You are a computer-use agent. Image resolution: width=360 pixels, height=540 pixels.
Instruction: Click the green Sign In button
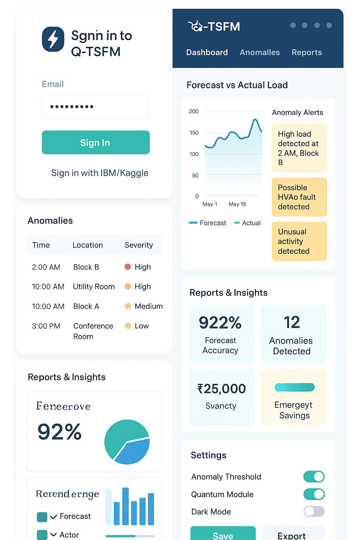click(96, 142)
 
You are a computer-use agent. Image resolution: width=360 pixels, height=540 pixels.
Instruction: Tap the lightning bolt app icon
click(53, 39)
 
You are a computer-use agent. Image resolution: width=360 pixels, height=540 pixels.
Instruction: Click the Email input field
click(96, 106)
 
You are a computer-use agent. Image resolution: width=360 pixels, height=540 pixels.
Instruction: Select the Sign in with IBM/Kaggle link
click(99, 173)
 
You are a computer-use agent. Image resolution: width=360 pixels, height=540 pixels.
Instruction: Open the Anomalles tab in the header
click(260, 52)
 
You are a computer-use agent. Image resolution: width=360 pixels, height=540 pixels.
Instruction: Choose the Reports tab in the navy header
click(307, 52)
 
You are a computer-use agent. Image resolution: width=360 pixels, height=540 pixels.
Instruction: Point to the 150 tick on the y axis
click(194, 133)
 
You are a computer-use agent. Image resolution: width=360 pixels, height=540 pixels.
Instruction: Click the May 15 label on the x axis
click(238, 204)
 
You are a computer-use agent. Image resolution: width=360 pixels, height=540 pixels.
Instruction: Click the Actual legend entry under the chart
click(247, 223)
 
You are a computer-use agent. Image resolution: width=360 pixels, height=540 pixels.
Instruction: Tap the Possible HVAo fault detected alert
click(300, 197)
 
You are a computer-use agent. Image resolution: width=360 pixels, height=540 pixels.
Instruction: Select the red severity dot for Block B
click(128, 266)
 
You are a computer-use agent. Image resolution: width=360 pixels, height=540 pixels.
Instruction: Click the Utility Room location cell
click(94, 287)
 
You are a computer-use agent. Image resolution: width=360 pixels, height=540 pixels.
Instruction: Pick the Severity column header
click(139, 245)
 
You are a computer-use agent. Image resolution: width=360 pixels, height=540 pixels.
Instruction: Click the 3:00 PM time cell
click(46, 326)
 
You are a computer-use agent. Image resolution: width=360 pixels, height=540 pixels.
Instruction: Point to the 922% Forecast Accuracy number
click(220, 322)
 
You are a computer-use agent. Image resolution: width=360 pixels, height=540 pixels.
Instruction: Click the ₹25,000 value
click(221, 388)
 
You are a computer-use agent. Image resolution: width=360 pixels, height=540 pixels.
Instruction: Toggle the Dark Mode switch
click(314, 511)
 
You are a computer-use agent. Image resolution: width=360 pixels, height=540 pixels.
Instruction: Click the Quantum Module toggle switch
click(314, 494)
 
